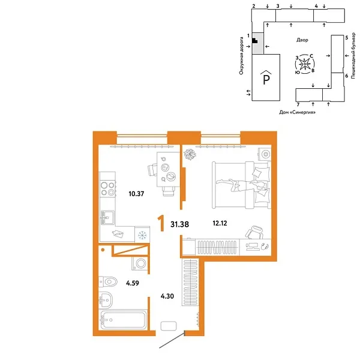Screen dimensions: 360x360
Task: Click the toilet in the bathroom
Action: [x=109, y=280]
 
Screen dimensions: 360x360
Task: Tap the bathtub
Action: [x=124, y=319]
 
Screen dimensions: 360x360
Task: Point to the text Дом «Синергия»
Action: [x=298, y=112]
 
